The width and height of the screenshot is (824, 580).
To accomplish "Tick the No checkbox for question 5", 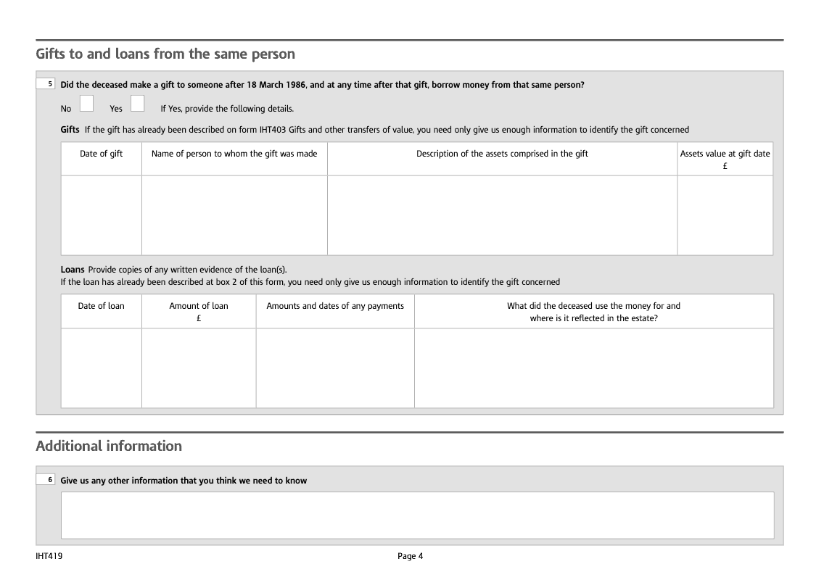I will [86, 104].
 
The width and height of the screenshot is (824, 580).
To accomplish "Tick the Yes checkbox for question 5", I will [137, 104].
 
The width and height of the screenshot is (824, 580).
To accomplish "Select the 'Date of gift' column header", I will [101, 154].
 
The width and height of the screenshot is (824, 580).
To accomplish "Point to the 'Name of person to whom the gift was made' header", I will [234, 154].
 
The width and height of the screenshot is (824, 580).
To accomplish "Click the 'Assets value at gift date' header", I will [725, 154].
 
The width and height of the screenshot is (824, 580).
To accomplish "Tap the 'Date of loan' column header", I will [101, 306].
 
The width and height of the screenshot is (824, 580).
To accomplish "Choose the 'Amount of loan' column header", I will [199, 306].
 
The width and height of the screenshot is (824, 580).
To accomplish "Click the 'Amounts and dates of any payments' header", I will [335, 306].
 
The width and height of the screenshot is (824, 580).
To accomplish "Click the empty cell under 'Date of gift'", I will [101, 215].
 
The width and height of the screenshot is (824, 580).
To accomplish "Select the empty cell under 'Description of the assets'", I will [502, 215].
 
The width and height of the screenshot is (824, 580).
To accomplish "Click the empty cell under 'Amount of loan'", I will [199, 368].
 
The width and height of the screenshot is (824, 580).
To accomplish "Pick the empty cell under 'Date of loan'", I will [101, 368].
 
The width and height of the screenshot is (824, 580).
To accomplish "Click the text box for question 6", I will [417, 515].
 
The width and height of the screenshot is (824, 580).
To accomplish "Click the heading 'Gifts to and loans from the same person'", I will [165, 54].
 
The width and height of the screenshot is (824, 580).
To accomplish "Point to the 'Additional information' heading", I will [109, 446].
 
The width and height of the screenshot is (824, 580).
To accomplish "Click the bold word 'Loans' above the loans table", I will [73, 270].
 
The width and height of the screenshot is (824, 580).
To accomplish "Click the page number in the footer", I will [410, 556].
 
